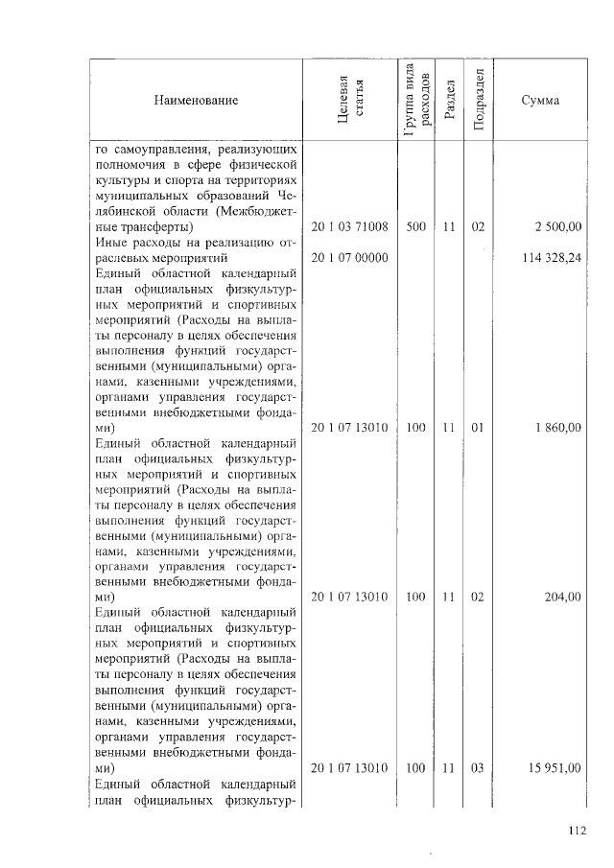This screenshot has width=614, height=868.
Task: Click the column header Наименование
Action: click(200, 100)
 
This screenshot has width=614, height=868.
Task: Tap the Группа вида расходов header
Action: click(416, 100)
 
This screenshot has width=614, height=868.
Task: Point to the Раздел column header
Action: click(449, 100)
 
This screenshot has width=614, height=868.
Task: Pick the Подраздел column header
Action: click(478, 100)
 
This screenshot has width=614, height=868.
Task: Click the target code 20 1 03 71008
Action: click(349, 227)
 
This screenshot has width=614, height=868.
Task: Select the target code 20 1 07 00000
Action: click(349, 258)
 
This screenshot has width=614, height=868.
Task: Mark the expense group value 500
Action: click(415, 227)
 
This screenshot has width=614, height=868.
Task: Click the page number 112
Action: click(576, 832)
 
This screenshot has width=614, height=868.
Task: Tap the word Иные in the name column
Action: click(114, 243)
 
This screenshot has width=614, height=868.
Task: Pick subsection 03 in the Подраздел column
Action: click(478, 767)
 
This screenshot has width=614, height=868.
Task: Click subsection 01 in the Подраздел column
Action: click(478, 427)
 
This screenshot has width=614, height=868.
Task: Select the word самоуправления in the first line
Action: click(161, 151)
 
